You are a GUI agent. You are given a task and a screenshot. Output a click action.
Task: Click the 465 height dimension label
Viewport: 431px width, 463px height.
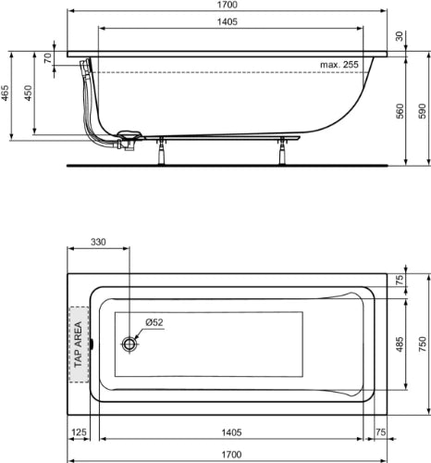[x=6, y=93]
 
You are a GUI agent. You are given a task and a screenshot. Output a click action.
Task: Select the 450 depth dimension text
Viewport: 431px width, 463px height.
[x=29, y=93]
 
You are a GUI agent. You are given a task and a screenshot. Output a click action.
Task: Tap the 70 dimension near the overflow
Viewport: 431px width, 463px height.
[x=48, y=58]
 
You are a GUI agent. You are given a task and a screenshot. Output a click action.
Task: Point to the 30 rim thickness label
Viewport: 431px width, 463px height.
[x=400, y=36]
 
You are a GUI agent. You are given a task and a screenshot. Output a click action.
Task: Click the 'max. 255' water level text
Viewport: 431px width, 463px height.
[x=339, y=65]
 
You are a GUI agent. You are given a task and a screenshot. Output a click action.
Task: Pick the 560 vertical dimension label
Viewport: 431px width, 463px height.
[x=400, y=111]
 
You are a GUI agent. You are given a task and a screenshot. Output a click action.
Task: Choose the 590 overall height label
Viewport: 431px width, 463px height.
[x=422, y=111]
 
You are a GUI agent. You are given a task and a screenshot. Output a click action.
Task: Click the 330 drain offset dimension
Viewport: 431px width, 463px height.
[x=98, y=242]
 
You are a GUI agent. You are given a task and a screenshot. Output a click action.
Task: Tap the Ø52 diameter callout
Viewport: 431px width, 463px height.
[x=154, y=322]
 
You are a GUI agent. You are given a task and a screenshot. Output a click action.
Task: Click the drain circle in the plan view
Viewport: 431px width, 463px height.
[x=129, y=344]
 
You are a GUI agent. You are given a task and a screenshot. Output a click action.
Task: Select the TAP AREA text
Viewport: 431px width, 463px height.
[x=79, y=344]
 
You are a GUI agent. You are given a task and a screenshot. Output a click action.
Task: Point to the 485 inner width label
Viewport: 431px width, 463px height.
[x=400, y=344]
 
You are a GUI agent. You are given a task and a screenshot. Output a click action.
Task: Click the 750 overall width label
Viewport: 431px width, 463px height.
[x=422, y=344]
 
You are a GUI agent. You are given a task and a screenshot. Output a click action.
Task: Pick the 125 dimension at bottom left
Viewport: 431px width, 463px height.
[x=79, y=432]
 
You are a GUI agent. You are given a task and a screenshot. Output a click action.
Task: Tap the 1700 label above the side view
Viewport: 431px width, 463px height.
[x=228, y=5]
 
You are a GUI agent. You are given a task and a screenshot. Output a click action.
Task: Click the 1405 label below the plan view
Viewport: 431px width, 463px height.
[x=231, y=432]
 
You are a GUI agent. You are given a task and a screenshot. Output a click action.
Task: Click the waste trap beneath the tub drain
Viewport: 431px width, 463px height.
[x=126, y=144]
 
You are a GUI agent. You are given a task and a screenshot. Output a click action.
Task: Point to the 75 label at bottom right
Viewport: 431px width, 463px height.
[x=381, y=432]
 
